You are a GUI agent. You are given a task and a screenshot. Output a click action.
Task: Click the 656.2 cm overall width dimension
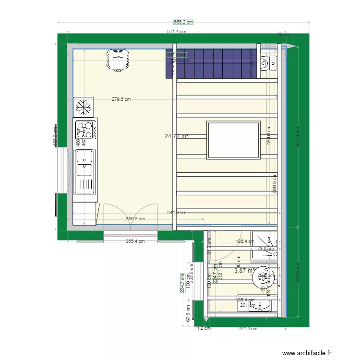[183, 22]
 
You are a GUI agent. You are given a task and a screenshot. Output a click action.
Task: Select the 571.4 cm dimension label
[176, 32]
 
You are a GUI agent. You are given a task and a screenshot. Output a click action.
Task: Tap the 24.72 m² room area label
[176, 136]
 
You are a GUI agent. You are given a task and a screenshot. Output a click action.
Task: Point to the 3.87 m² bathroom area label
[243, 271]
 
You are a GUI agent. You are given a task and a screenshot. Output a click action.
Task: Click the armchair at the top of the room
[119, 60]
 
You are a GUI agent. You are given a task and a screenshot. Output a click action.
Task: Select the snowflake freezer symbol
[84, 107]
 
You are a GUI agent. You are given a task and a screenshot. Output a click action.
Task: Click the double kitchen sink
[84, 171]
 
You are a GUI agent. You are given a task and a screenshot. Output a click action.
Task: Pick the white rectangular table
[234, 140]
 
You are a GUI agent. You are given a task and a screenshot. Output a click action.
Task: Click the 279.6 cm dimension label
[121, 99]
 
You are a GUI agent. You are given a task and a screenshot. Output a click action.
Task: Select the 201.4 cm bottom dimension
[248, 329]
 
